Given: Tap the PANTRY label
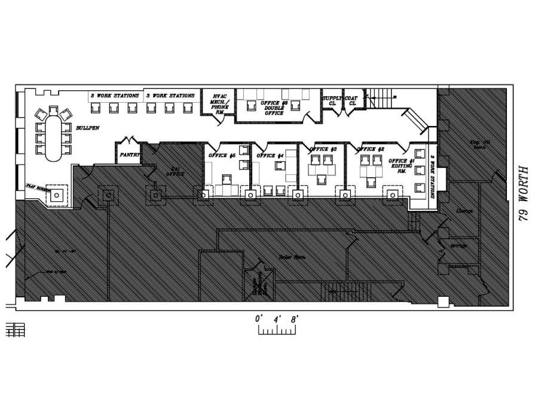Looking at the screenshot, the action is (129, 154).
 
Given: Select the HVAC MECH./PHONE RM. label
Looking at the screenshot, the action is (219, 103).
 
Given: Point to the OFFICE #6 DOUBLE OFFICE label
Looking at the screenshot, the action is (274, 107).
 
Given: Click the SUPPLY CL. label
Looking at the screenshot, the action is (331, 100).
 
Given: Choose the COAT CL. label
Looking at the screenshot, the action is (352, 100).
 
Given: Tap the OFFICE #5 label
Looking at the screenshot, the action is (222, 156).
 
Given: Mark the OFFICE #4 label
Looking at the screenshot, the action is (270, 156).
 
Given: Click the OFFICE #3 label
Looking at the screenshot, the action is (323, 149).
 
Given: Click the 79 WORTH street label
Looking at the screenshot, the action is (524, 195).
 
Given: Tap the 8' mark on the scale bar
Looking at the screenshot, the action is (294, 319).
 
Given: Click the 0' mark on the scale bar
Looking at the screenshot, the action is (259, 319).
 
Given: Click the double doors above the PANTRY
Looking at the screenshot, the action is (129, 143).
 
